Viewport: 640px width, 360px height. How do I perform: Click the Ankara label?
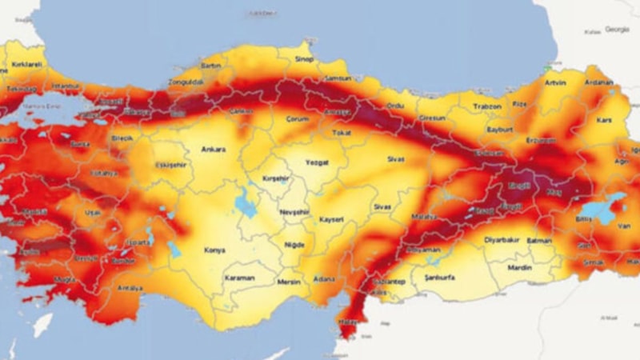(x=213, y=149)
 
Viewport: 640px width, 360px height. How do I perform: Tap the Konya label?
(x=214, y=250)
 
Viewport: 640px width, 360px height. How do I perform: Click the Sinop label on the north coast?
(x=306, y=59)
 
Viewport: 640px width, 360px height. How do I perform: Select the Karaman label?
(x=239, y=278)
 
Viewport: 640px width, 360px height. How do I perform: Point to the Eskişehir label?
(x=170, y=165)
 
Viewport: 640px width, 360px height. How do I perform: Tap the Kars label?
(x=603, y=119)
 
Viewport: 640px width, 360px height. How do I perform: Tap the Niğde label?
(x=294, y=244)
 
